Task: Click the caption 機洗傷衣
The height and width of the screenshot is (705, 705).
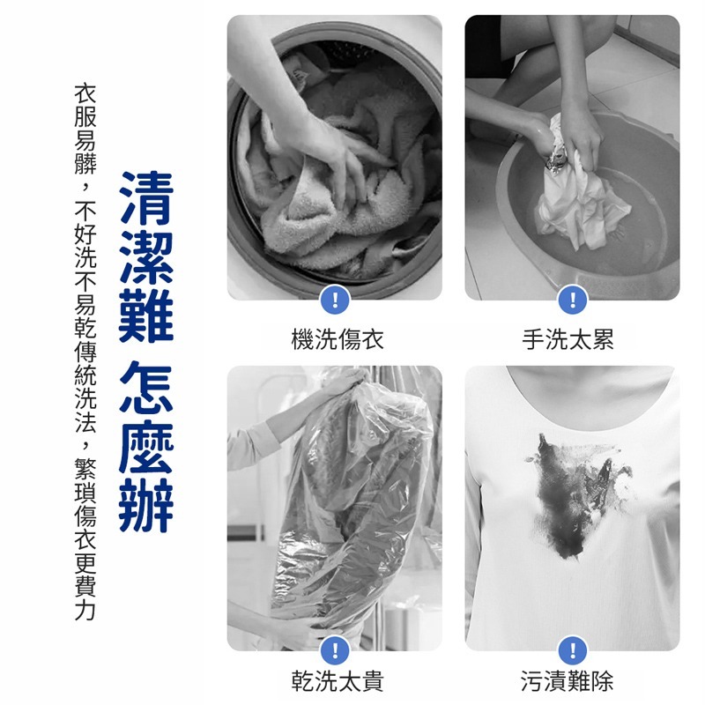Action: pyautogui.click(x=338, y=339)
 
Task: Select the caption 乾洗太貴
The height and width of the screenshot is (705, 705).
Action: pyautogui.click(x=338, y=680)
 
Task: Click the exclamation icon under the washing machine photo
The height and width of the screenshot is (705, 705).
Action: pyautogui.click(x=335, y=300)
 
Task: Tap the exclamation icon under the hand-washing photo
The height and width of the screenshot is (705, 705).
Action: pyautogui.click(x=573, y=300)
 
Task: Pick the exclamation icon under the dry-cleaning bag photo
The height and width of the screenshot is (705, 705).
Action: pyautogui.click(x=335, y=651)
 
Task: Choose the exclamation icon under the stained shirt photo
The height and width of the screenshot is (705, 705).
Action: pyautogui.click(x=573, y=651)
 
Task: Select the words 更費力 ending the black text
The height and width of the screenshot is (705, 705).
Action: pyautogui.click(x=85, y=586)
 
